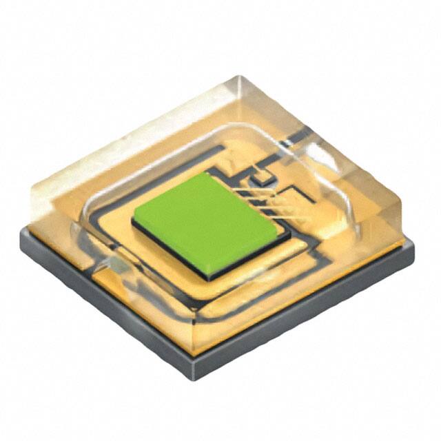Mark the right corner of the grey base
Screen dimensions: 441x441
(x=413, y=245)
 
